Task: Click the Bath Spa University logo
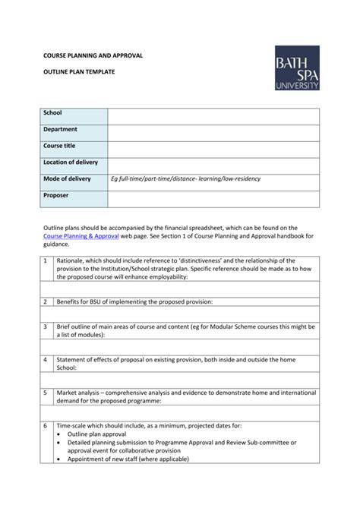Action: tap(297, 68)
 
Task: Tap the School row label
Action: tap(52, 113)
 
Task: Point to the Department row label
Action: tap(60, 129)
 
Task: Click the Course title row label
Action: tap(59, 146)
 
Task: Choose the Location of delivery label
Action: tap(71, 162)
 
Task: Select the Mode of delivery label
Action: tap(67, 178)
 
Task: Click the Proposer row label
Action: tap(55, 195)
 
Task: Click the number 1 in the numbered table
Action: tap(46, 260)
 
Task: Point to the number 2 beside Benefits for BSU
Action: tap(46, 301)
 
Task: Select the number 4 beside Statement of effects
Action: tap(46, 359)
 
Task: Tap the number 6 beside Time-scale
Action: tap(46, 426)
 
